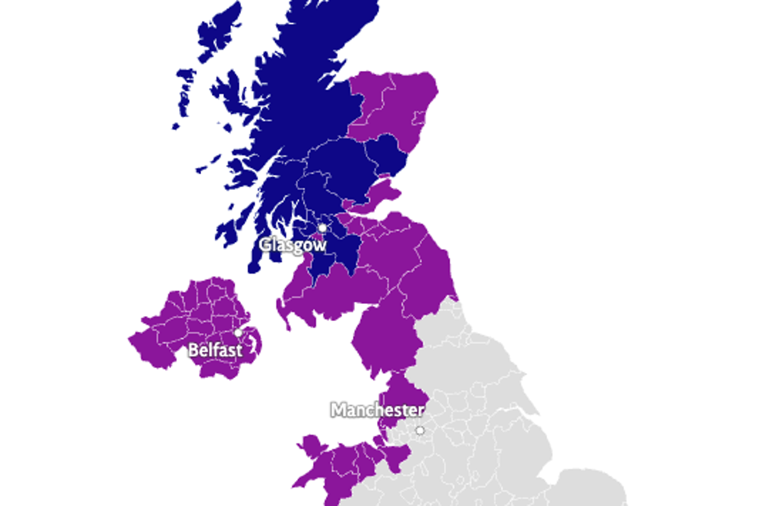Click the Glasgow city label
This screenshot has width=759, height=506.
[x=293, y=245]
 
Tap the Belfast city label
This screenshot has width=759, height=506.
[x=215, y=350]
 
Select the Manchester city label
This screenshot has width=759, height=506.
[x=378, y=410]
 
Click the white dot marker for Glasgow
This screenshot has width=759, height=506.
[x=323, y=227]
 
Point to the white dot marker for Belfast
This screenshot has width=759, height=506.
[x=238, y=332]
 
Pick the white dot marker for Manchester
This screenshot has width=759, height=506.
[x=419, y=431]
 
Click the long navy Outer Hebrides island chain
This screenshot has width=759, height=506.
[x=185, y=95]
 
